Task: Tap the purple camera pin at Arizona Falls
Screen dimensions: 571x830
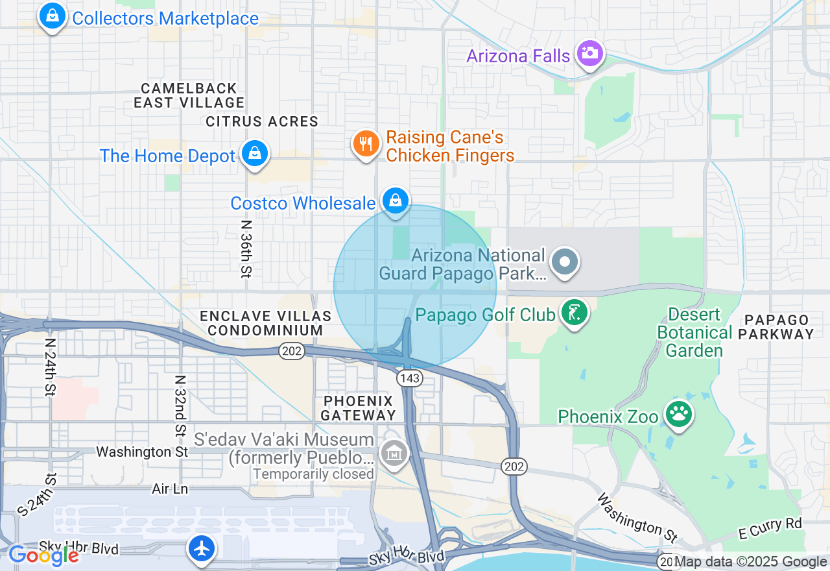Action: [589, 53]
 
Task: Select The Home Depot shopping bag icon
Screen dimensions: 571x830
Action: [255, 154]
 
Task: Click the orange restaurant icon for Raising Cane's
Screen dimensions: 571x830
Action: [366, 143]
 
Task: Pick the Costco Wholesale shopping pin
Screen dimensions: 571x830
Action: [395, 200]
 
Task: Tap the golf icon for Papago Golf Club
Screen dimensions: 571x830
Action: [574, 313]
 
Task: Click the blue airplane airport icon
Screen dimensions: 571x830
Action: [202, 548]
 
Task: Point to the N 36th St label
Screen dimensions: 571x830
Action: [245, 249]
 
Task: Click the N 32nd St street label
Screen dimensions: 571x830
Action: [182, 406]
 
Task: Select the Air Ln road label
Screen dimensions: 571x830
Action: [170, 489]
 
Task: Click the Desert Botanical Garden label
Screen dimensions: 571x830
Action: [694, 333]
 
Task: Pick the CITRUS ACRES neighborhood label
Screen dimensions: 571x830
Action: [262, 122]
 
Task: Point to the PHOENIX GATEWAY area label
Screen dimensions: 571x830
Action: [358, 407]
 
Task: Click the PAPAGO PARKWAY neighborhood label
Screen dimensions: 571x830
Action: [778, 327]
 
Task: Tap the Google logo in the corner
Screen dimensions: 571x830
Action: [43, 555]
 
